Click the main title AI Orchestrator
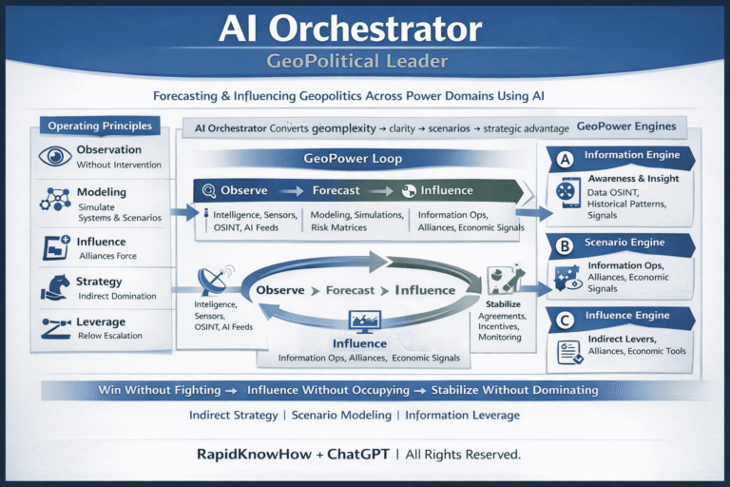tap(364, 29)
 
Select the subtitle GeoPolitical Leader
tap(364, 62)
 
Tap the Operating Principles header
tap(101, 126)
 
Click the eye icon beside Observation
tap(55, 157)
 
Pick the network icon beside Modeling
tap(55, 198)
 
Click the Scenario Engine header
tap(626, 243)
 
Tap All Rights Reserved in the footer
tap(465, 455)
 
